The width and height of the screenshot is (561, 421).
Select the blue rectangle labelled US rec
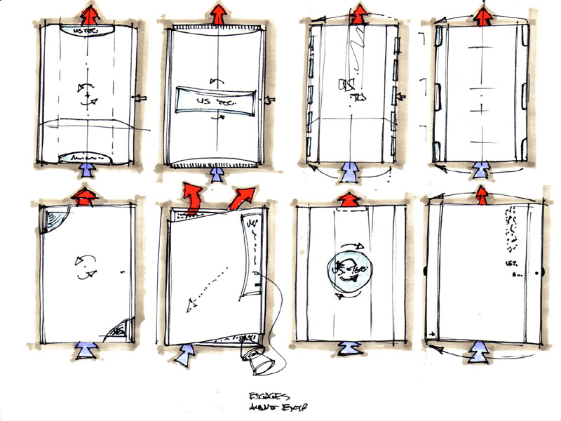click(x=215, y=100)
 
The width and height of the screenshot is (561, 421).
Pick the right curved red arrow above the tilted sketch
click(x=241, y=196)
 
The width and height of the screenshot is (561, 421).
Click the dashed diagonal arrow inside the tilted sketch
click(x=207, y=288)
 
